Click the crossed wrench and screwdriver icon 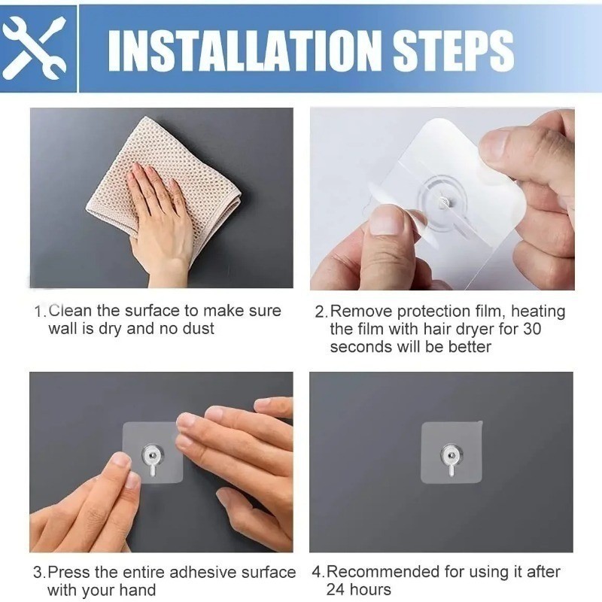pos(35,48)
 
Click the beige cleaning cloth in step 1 pos(165,192)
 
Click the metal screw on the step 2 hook pos(444,202)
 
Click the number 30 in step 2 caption pos(532,329)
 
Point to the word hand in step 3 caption pos(138,590)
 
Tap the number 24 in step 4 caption pos(336,589)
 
